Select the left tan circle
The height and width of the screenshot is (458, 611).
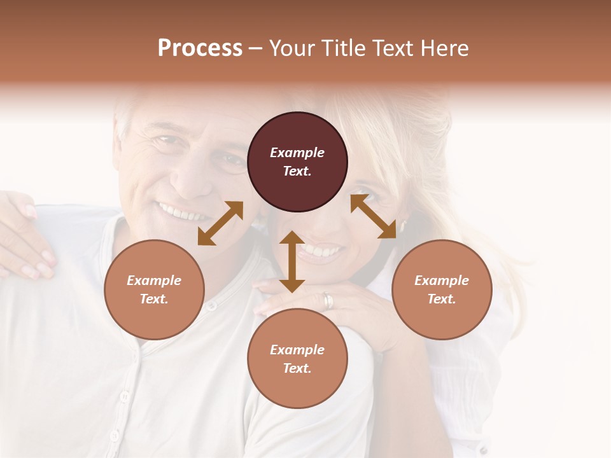point(154,289)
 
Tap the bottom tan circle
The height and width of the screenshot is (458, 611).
point(297,359)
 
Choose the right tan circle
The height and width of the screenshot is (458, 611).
point(442,289)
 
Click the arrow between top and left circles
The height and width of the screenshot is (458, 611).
point(220,223)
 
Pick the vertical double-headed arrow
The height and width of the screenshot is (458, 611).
point(291,261)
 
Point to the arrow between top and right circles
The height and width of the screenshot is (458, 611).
point(374,216)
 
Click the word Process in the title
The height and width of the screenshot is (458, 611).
point(200,48)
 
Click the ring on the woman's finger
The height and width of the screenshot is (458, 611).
point(328,300)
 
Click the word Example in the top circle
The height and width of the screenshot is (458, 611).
point(297,153)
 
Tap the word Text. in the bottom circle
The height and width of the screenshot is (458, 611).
point(297,368)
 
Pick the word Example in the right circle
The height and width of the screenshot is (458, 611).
point(442,281)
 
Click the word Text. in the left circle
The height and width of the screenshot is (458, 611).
point(154,299)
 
